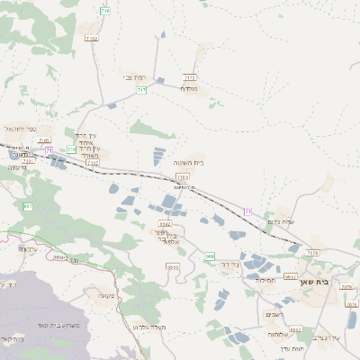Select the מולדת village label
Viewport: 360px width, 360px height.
point(188,88)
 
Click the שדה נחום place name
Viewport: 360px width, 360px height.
point(282,221)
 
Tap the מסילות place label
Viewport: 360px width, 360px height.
point(265,281)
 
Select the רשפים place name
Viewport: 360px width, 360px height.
point(276,313)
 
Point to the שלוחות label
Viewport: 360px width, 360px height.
point(277,334)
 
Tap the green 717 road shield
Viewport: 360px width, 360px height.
point(141,90)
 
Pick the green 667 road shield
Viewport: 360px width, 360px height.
point(28,207)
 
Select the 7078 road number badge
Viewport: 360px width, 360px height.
point(312,254)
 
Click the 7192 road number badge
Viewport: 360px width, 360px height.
point(91,39)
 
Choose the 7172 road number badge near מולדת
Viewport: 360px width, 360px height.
point(189,78)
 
